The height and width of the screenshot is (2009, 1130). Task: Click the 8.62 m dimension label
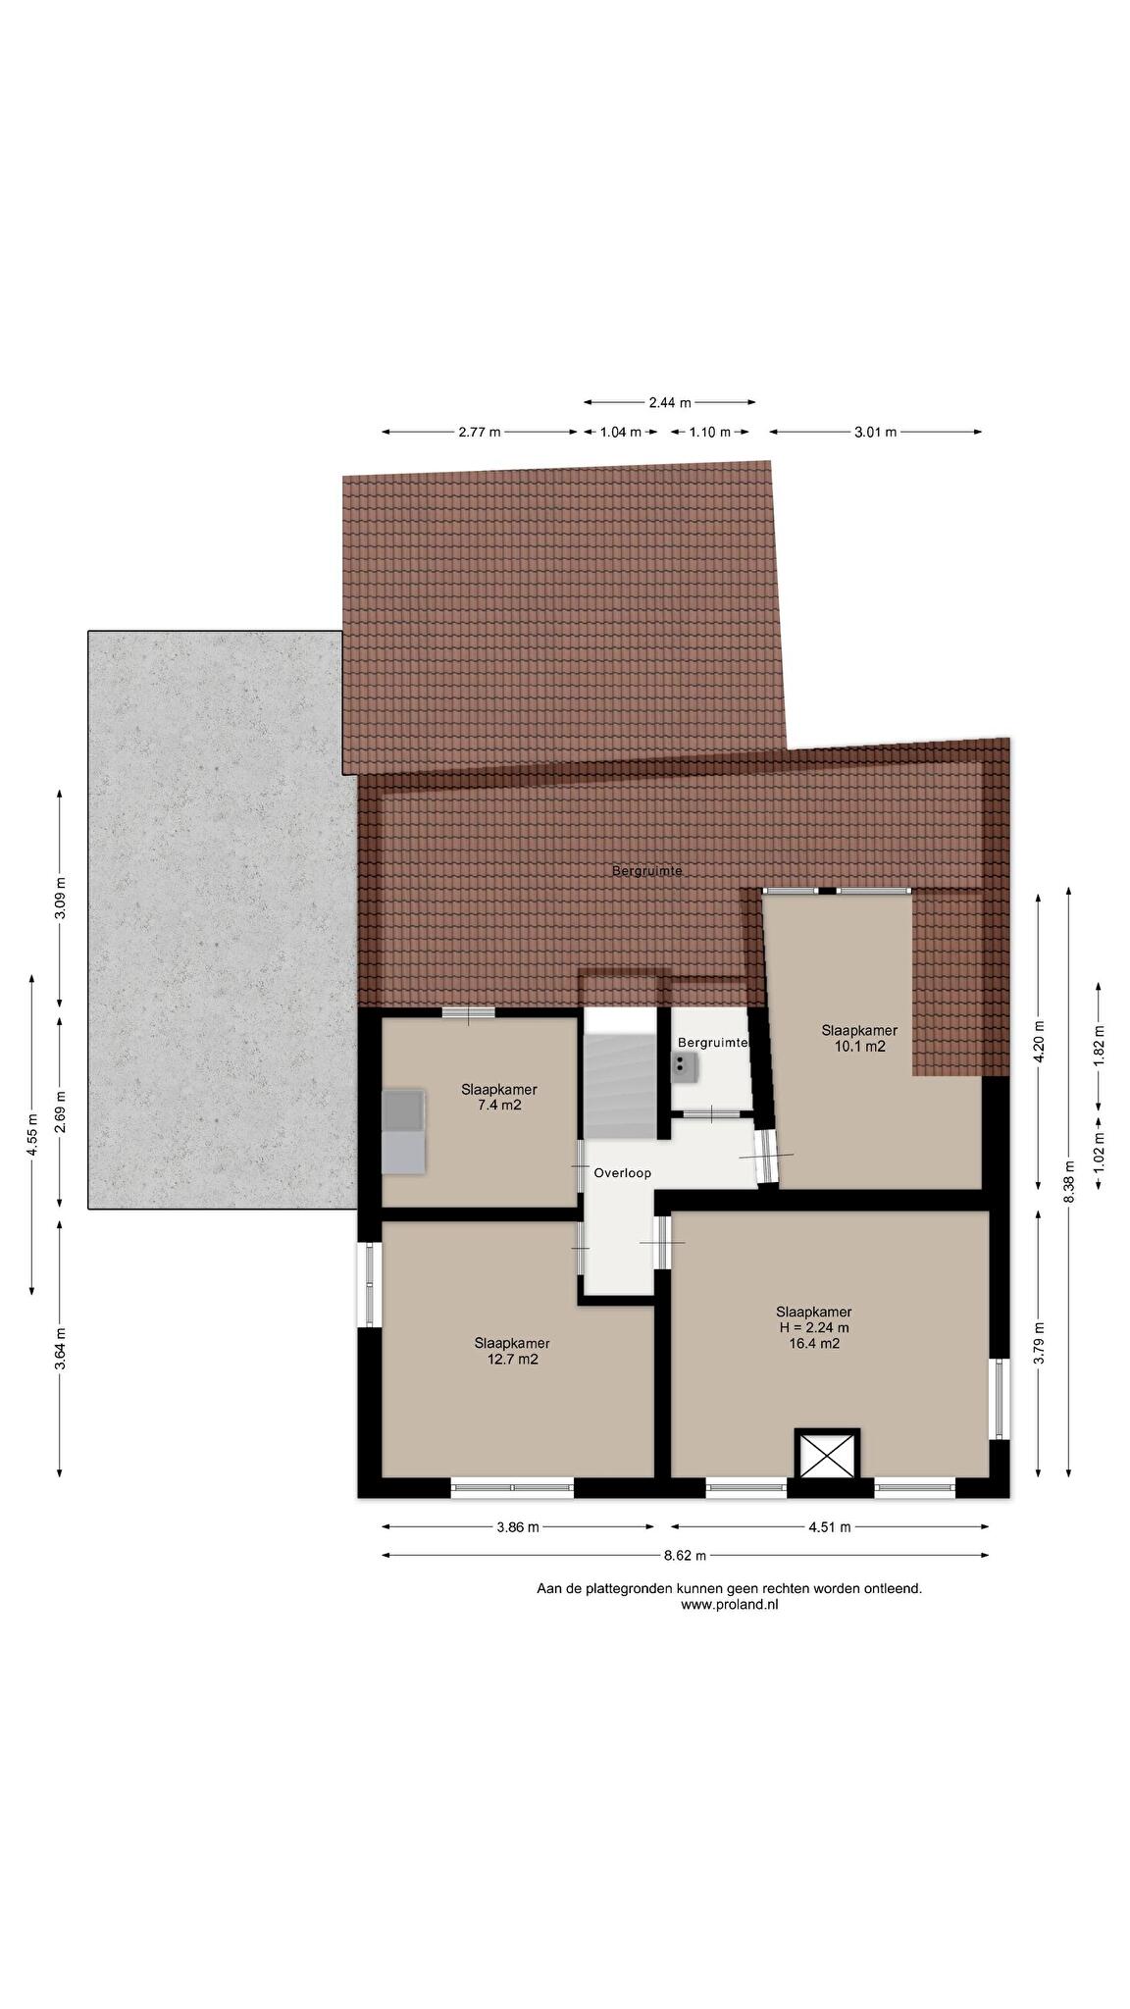tap(685, 1555)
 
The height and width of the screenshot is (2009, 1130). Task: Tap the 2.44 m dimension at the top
tap(670, 402)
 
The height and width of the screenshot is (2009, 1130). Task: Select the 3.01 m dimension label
tap(875, 432)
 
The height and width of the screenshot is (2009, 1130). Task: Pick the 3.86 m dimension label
tap(517, 1526)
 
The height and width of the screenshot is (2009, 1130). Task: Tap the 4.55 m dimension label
tap(32, 1137)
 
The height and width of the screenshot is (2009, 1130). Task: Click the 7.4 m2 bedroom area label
tap(499, 1106)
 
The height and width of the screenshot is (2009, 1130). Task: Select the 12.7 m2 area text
tap(512, 1360)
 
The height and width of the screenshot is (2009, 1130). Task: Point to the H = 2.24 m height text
tap(813, 1328)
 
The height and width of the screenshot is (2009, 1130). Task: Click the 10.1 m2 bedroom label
tap(859, 1047)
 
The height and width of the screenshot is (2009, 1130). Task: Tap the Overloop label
tap(622, 1173)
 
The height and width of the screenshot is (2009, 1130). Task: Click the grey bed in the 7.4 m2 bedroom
tap(403, 1130)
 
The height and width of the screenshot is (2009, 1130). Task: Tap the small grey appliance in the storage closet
tap(684, 1066)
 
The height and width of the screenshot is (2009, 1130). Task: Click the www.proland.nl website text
tap(730, 1605)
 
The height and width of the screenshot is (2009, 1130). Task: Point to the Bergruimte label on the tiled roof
tap(646, 870)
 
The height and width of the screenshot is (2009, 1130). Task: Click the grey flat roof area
tap(222, 919)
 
